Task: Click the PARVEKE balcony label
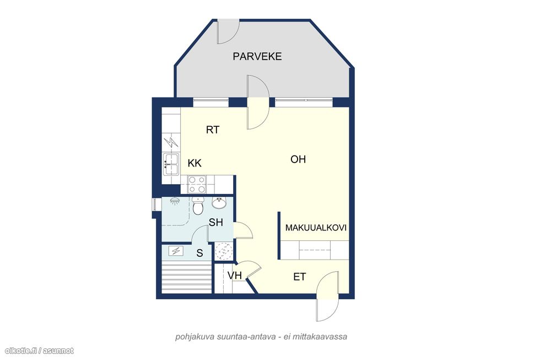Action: (257, 56)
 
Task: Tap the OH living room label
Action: (298, 159)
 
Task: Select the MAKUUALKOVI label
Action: (316, 228)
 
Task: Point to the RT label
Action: (213, 130)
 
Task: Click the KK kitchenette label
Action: (195, 163)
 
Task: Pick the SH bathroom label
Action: (216, 222)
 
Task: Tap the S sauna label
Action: (199, 253)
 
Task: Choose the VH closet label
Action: (235, 275)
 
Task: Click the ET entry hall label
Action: (299, 277)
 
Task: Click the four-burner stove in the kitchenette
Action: (197, 184)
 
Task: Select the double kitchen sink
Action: (171, 164)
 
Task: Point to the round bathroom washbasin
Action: (219, 203)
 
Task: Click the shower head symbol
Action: (175, 201)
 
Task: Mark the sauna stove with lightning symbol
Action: (176, 251)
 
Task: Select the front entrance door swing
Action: (327, 296)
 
